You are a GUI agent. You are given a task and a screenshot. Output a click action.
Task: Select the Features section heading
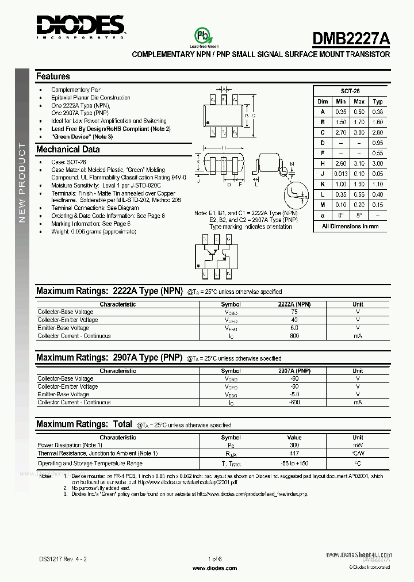tap(53, 76)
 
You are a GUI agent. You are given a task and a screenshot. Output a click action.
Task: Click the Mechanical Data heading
tap(68, 150)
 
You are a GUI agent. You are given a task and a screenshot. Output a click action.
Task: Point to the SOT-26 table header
tap(350, 91)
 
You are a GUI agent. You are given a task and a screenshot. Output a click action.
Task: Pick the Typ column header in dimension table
tap(378, 102)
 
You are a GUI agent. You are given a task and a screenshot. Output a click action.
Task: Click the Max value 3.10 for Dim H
tap(359, 164)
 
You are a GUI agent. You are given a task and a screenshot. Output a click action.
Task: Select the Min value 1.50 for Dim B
tap(342, 122)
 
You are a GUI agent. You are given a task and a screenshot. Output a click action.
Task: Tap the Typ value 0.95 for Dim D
tap(378, 143)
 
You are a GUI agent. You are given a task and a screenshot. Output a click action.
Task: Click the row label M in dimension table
tap(323, 205)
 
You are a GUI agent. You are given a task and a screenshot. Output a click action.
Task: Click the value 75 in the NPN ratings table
tap(294, 312)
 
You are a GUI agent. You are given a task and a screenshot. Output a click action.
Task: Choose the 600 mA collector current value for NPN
tap(294, 336)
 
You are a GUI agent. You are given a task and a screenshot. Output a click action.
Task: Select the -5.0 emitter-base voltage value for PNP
tap(294, 395)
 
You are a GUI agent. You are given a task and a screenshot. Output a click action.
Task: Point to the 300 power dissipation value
tap(294, 445)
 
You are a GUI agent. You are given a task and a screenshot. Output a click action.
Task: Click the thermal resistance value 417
tap(294, 453)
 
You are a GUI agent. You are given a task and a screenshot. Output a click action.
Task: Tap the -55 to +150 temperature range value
tap(294, 464)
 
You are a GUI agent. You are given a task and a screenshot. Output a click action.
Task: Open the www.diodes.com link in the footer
tap(214, 568)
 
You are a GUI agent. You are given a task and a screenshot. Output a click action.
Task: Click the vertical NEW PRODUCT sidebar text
tap(22, 182)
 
